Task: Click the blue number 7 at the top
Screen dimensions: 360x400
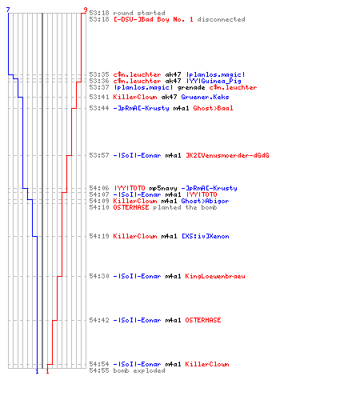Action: (8, 10)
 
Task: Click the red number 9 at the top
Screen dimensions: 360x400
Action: (86, 10)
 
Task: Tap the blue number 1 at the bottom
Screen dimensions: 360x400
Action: (37, 371)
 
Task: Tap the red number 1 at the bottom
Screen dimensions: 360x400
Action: (47, 371)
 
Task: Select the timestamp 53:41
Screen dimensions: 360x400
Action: (99, 97)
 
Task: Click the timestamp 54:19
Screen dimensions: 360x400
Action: (99, 236)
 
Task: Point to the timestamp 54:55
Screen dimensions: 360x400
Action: (99, 370)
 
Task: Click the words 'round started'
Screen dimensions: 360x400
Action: (139, 13)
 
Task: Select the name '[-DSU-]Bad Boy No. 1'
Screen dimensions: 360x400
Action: (154, 19)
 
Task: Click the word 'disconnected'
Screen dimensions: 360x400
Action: (221, 19)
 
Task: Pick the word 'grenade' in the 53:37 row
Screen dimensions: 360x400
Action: (191, 87)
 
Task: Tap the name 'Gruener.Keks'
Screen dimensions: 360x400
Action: (205, 97)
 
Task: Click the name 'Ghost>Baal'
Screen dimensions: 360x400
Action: (213, 108)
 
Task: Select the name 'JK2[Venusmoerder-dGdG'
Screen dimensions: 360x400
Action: (227, 155)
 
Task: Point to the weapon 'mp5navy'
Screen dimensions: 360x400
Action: (163, 189)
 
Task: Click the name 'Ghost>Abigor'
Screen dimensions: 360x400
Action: (205, 201)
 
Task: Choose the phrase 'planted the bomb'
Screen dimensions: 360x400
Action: (185, 207)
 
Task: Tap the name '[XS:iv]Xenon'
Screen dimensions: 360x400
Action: (206, 236)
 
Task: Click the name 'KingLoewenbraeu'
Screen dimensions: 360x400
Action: (215, 276)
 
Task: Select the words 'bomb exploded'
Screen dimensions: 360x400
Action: (139, 370)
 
